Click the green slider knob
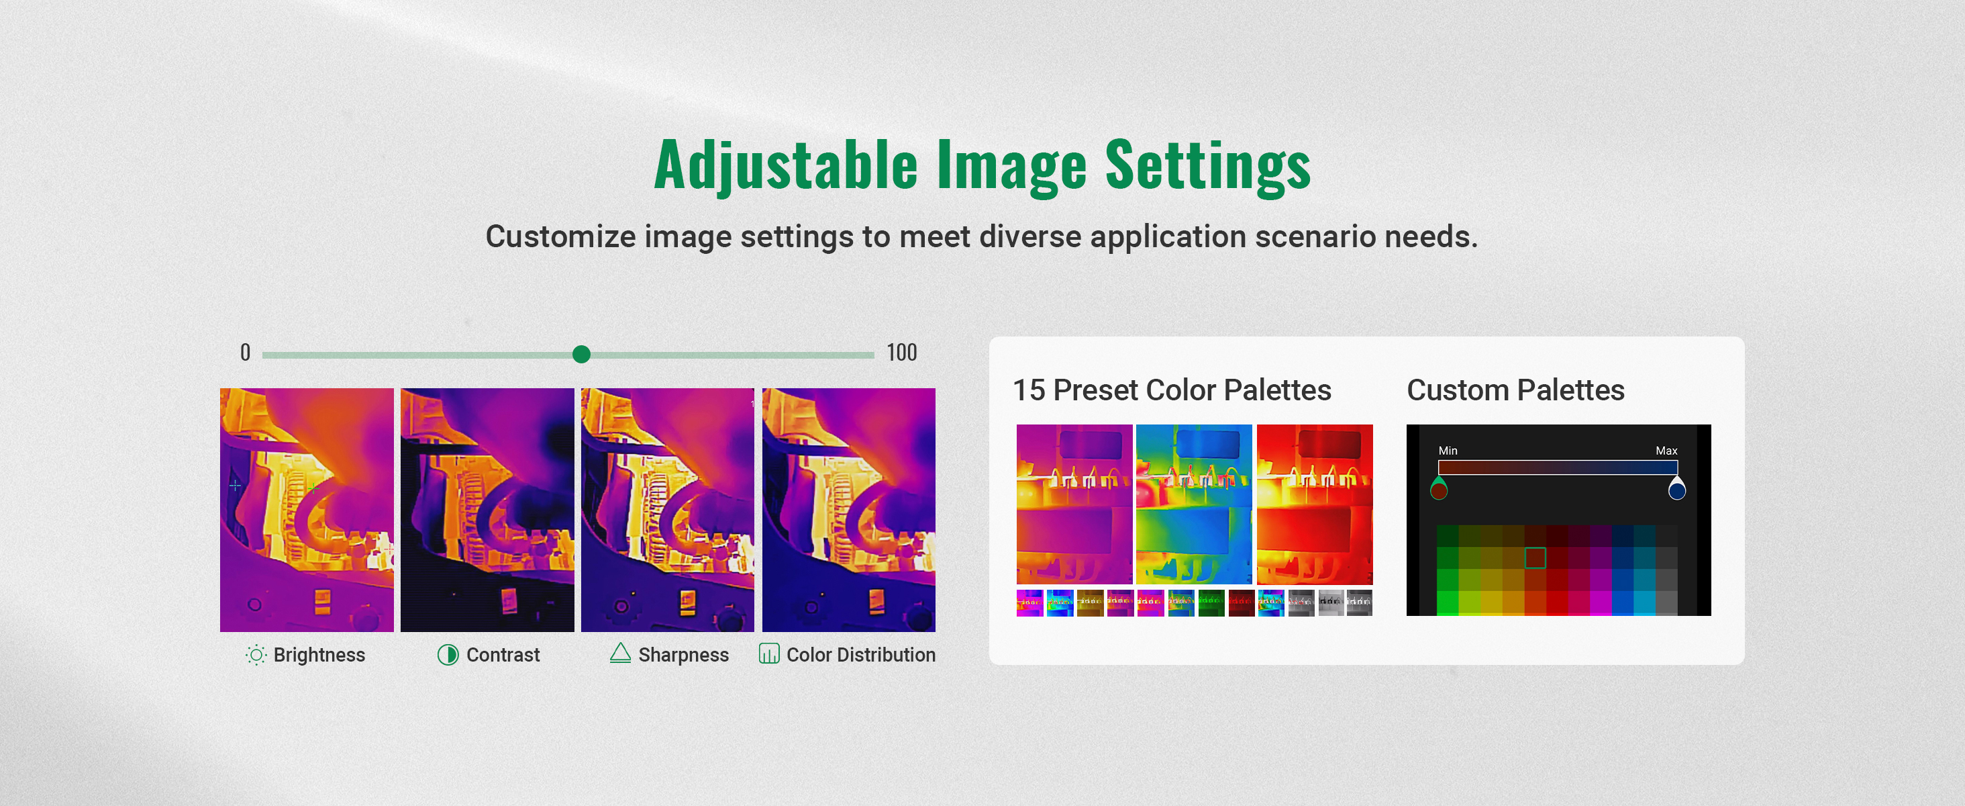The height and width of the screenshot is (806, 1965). click(x=581, y=354)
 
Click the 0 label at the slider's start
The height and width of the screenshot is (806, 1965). click(x=245, y=353)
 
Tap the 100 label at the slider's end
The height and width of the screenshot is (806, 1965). click(x=902, y=353)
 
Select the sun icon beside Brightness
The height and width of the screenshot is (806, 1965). click(x=256, y=655)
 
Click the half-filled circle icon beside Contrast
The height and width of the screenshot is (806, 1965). click(x=448, y=655)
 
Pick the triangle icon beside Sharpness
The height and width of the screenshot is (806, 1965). click(x=620, y=654)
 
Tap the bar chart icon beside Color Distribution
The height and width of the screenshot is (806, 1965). click(x=769, y=654)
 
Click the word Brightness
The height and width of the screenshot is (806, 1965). click(x=319, y=655)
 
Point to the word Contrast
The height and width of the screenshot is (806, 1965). click(x=503, y=655)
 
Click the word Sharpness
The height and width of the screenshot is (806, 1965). click(x=683, y=655)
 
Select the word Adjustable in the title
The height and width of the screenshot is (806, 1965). click(x=786, y=166)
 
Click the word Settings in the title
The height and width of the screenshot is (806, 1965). click(x=1207, y=166)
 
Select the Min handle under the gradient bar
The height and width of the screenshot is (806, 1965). click(x=1439, y=488)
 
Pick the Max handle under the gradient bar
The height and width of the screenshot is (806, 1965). click(x=1676, y=488)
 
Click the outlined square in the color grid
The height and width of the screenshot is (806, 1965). click(x=1535, y=558)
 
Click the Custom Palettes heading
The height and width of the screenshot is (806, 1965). click(x=1516, y=390)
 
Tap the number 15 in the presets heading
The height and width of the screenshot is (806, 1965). click(x=1028, y=390)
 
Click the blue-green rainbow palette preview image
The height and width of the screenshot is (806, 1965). click(x=1194, y=504)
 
